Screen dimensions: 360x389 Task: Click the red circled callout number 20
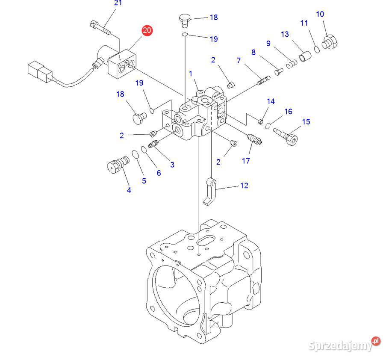[x=147, y=30]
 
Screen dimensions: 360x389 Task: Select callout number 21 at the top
[x=118, y=3]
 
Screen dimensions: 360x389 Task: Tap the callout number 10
[x=320, y=15]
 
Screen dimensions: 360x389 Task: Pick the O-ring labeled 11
[x=317, y=50]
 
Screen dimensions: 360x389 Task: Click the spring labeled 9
[x=291, y=63]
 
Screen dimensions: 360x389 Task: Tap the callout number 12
[x=244, y=186]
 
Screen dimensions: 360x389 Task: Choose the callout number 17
[x=246, y=161]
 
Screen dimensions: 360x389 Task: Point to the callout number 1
[x=191, y=74]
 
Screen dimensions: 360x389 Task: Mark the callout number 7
[x=239, y=61]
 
